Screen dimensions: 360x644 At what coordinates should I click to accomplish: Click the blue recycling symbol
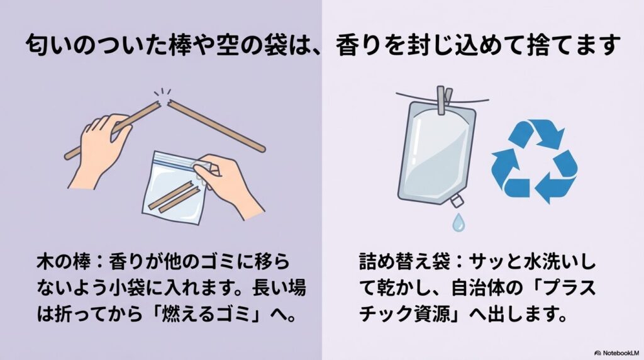pos(534,161)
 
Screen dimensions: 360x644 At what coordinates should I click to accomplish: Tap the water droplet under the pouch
pos(459,222)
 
